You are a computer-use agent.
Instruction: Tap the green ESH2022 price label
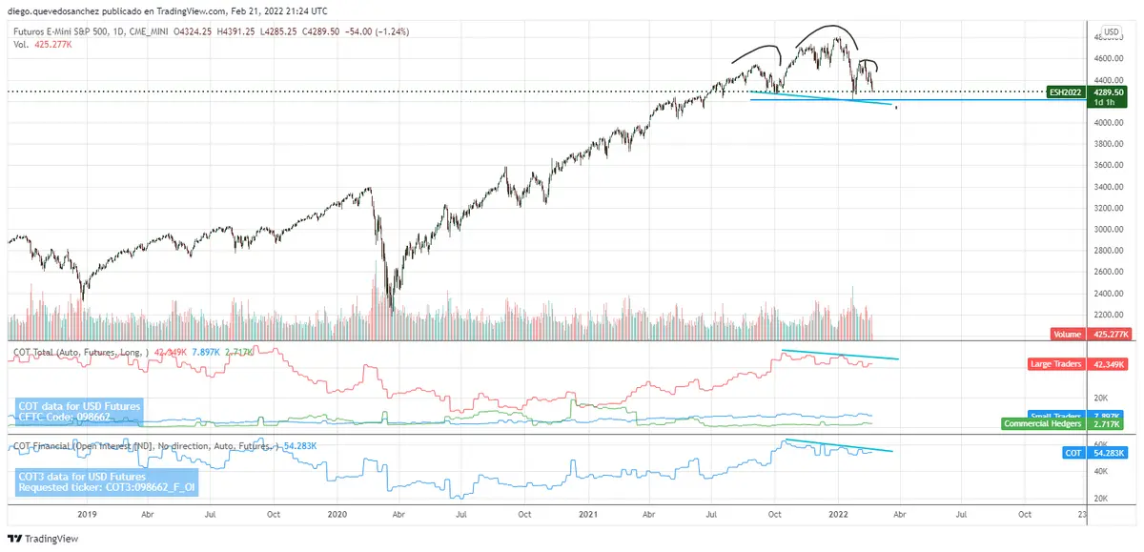pyautogui.click(x=1065, y=92)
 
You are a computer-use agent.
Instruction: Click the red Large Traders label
pyautogui.click(x=1057, y=364)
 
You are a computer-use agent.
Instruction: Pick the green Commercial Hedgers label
pyautogui.click(x=1042, y=423)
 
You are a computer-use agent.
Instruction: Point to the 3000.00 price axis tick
pyautogui.click(x=1106, y=230)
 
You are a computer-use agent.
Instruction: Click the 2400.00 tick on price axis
pyautogui.click(x=1106, y=294)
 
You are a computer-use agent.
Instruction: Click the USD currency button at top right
pyautogui.click(x=1111, y=31)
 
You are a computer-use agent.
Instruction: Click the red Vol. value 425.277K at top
pyautogui.click(x=54, y=44)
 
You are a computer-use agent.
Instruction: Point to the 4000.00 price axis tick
pyautogui.click(x=1106, y=123)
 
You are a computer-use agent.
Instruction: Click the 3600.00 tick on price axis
pyautogui.click(x=1106, y=166)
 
